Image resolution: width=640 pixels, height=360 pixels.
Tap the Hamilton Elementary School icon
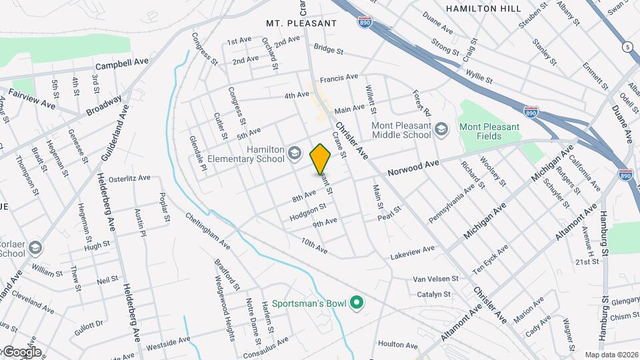pos(294,155)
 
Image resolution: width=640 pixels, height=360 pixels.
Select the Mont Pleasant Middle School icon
pos(441,127)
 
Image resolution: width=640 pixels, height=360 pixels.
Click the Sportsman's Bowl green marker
pos(357,304)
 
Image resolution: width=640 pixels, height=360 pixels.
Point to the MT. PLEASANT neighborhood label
pos(301,23)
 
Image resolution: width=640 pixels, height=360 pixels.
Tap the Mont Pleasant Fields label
pos(489,131)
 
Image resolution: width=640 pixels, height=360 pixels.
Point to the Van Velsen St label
pos(436,279)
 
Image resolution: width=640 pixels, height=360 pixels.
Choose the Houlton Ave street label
pos(397,345)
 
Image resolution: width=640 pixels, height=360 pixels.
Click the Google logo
pos(21,352)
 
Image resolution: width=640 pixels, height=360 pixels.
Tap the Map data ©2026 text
pos(611,355)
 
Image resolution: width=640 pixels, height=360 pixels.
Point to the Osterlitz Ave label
pos(130,179)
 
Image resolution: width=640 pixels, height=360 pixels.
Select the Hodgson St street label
pos(307,213)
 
